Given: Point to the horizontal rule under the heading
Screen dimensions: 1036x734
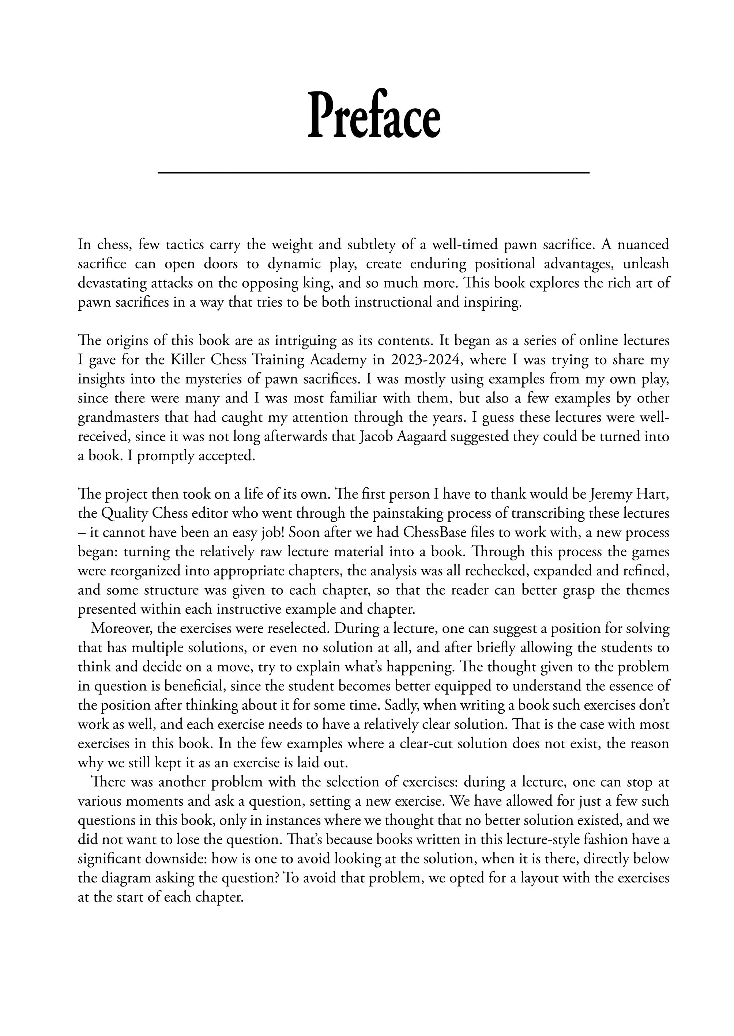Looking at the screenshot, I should tap(373, 172).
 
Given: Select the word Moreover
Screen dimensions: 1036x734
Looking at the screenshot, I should tap(119, 628).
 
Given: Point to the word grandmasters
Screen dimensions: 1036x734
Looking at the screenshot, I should tap(118, 417).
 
